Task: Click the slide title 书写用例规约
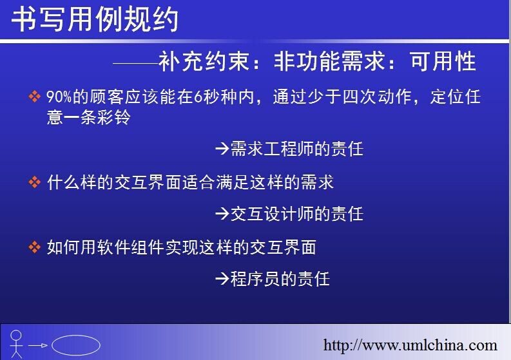coord(95,19)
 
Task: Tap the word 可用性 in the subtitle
coord(443,61)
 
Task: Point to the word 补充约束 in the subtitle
coord(204,61)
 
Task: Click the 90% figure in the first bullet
coord(59,97)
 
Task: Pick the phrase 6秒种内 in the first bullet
coord(224,97)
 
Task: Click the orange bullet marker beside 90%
coord(35,97)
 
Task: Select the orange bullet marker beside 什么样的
coord(35,182)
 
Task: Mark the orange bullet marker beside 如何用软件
coord(35,247)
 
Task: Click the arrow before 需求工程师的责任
coord(222,149)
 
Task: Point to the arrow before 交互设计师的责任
coord(222,214)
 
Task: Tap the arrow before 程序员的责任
coord(222,279)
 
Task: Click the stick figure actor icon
coord(16,344)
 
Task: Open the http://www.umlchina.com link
coord(410,345)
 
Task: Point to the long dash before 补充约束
coord(136,63)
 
